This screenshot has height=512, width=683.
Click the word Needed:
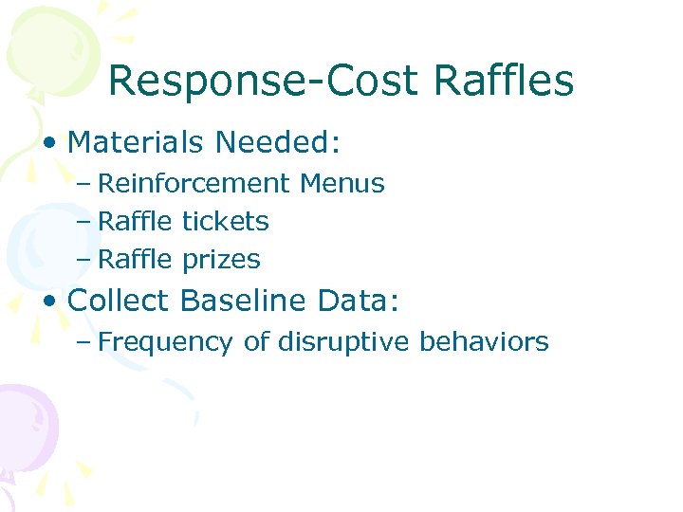(278, 143)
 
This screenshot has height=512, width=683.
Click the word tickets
(225, 222)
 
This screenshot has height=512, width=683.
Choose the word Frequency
(165, 342)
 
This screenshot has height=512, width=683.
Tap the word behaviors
(487, 341)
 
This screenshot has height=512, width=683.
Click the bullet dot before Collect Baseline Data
(50, 302)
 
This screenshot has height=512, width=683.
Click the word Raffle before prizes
(136, 259)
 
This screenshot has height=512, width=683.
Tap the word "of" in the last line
(256, 341)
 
